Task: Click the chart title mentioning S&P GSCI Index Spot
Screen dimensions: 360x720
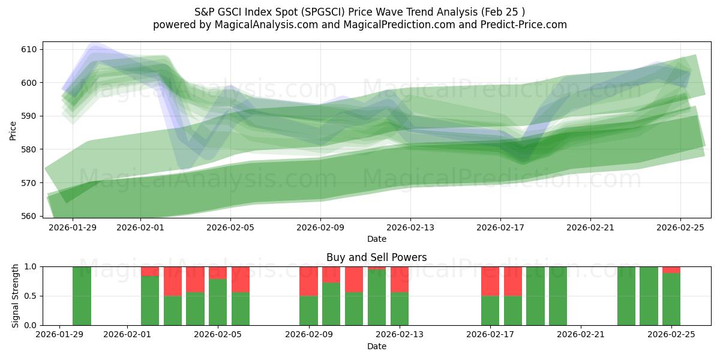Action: point(360,11)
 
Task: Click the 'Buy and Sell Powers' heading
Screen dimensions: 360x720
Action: point(376,257)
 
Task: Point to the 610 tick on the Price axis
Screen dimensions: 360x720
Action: point(30,49)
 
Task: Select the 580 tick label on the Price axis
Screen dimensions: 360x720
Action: point(30,149)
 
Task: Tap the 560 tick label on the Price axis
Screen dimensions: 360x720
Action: point(30,215)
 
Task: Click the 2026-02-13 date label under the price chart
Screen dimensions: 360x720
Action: point(410,227)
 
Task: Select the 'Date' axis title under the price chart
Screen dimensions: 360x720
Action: point(376,239)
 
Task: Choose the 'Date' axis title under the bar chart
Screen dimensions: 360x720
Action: point(376,346)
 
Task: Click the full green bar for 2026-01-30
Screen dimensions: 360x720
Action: point(82,296)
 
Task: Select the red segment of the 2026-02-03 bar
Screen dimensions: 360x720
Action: point(173,281)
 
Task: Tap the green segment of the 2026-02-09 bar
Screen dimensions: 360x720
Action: point(308,310)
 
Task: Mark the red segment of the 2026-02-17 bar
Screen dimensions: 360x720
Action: point(490,281)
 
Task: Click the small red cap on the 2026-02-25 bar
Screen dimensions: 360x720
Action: point(671,269)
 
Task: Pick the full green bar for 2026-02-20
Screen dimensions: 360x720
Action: point(558,296)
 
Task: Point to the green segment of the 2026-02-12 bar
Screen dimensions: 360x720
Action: point(377,298)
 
